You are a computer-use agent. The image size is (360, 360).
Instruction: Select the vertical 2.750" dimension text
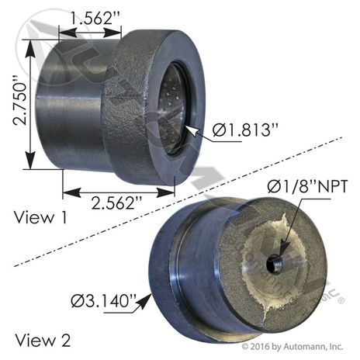pyautogui.click(x=20, y=103)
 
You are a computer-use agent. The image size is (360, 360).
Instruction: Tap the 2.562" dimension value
pyautogui.click(x=116, y=202)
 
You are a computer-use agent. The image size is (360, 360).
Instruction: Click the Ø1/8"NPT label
pyautogui.click(x=307, y=186)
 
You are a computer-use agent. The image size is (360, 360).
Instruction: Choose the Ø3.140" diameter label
pyautogui.click(x=104, y=300)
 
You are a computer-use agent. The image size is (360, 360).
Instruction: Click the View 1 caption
pyautogui.click(x=41, y=217)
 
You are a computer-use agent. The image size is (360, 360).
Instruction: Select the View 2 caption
pyautogui.click(x=43, y=340)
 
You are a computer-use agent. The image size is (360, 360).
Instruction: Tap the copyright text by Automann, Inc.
pyautogui.click(x=292, y=346)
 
